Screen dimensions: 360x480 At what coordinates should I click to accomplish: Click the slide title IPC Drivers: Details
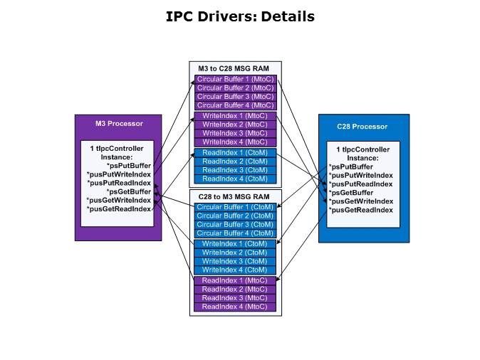point(240,16)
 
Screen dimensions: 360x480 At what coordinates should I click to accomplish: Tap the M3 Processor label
point(119,123)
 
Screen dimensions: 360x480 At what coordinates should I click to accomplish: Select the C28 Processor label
point(362,127)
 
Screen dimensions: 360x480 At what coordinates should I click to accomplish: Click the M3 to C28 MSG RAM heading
point(235,68)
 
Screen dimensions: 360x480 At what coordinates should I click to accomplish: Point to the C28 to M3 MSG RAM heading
point(235,196)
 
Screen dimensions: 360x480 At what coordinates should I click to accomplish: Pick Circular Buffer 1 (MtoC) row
point(235,79)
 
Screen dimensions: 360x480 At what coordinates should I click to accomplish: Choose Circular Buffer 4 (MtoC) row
point(235,105)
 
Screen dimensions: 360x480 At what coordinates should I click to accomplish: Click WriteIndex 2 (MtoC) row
point(235,125)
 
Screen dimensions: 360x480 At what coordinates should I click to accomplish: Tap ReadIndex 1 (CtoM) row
point(235,152)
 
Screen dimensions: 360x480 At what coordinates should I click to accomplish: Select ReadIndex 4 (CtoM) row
point(235,179)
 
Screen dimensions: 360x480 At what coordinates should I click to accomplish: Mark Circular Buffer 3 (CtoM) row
point(235,224)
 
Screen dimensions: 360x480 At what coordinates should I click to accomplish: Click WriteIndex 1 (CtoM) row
point(235,244)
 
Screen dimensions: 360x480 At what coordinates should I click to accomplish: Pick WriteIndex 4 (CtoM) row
point(235,270)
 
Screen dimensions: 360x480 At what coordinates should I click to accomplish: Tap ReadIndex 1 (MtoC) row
point(235,280)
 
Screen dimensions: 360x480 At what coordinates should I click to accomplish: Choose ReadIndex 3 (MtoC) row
point(235,298)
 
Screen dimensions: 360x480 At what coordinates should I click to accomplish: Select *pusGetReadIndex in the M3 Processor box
point(119,209)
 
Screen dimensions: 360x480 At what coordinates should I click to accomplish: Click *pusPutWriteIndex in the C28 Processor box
point(360,175)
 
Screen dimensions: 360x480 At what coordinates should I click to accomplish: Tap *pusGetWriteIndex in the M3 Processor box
point(119,201)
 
